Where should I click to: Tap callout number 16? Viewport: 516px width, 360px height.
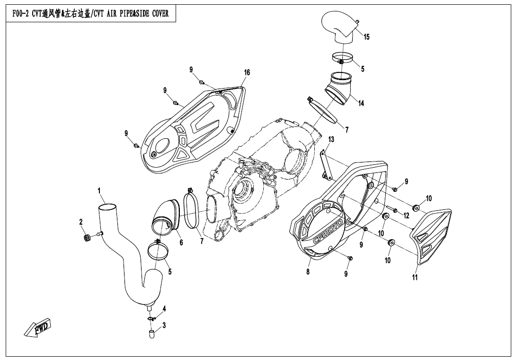coord(247,72)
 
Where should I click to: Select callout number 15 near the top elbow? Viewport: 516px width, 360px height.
coord(366,36)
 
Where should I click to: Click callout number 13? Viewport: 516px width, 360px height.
coord(331,139)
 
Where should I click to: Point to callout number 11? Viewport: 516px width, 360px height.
coord(415,277)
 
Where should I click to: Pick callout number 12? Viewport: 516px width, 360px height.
coord(406,216)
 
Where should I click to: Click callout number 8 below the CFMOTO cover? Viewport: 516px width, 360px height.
coord(308,272)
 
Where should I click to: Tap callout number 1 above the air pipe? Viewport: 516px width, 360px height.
coord(99,190)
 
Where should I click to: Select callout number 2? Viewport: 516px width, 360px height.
coord(81,222)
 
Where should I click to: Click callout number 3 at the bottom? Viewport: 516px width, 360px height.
coord(164,325)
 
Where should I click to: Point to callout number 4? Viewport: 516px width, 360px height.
coord(164,309)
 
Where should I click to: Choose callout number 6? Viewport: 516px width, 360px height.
coord(181,243)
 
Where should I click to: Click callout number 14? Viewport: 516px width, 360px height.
coord(361,103)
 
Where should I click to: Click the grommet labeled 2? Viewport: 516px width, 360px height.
coord(88,237)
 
